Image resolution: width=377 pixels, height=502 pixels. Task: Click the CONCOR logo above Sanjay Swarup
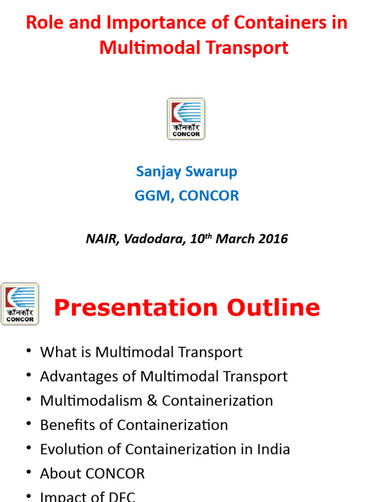pyautogui.click(x=186, y=119)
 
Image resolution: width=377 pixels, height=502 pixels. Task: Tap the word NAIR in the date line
pyautogui.click(x=102, y=239)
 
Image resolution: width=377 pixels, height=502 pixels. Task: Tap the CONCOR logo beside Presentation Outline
pyautogui.click(x=20, y=304)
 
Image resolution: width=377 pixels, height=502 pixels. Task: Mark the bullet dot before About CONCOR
pyautogui.click(x=28, y=473)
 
